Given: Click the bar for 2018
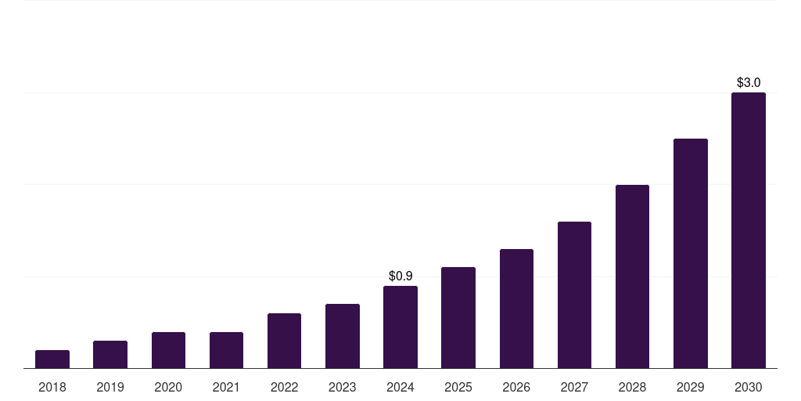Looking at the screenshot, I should click(x=52, y=359).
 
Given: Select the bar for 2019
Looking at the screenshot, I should click(x=110, y=354).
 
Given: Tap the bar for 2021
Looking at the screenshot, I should click(x=226, y=350).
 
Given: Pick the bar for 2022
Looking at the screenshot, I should click(x=284, y=341).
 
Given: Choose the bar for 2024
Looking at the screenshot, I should click(x=400, y=327).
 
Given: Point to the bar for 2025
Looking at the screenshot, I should click(x=458, y=317).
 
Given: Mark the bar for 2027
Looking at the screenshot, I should click(x=574, y=294).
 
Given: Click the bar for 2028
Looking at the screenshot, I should click(x=632, y=276).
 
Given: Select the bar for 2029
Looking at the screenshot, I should click(x=691, y=253).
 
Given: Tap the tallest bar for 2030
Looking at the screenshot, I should click(x=749, y=230).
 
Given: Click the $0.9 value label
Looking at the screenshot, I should click(x=400, y=276).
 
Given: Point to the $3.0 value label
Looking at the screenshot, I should click(x=749, y=82).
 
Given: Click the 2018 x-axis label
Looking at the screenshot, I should click(x=52, y=387).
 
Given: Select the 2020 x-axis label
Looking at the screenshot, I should click(x=168, y=387).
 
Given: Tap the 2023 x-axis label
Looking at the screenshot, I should click(x=343, y=387).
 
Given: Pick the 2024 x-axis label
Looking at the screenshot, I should click(x=400, y=387).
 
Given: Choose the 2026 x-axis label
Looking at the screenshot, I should click(x=516, y=387).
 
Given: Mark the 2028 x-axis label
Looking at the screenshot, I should click(x=632, y=387).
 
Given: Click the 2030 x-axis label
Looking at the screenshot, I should click(x=749, y=387).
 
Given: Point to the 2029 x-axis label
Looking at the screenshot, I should click(x=691, y=387).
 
